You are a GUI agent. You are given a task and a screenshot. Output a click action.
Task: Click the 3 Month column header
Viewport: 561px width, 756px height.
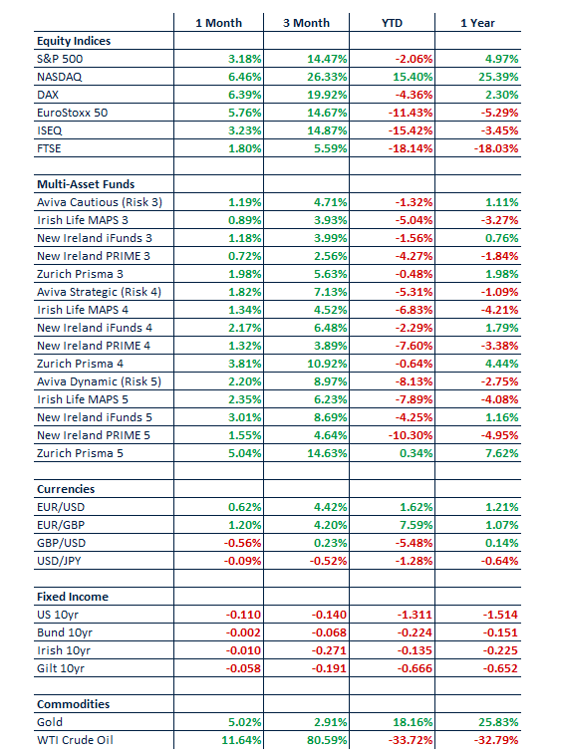306,23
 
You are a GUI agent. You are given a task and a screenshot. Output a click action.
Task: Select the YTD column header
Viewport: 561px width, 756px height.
392,23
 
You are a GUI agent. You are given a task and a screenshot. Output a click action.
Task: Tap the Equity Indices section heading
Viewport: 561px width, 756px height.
74,41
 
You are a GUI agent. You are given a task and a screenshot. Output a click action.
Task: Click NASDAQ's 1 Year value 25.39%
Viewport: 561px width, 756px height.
498,77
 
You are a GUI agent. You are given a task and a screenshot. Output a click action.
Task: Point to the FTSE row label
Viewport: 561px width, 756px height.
49,148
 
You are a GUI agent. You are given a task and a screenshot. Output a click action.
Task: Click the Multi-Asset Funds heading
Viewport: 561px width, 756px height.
86,184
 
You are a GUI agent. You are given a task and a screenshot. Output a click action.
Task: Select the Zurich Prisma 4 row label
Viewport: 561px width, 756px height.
80,364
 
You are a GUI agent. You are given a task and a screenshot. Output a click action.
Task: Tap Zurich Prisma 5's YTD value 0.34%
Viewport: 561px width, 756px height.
416,453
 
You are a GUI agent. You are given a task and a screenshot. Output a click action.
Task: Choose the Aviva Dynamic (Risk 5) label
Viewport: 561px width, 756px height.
99,381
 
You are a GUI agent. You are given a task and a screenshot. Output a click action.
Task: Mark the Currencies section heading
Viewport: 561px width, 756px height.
66,489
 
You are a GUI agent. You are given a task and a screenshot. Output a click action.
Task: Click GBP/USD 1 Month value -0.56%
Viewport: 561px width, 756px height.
242,543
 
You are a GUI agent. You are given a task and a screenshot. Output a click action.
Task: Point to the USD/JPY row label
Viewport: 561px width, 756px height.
59,561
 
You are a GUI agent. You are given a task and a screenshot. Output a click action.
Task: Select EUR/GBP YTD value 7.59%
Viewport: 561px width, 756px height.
416,525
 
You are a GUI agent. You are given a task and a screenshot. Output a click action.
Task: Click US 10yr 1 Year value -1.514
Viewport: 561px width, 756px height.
500,615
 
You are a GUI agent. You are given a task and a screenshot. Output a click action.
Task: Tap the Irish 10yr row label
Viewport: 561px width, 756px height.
64,650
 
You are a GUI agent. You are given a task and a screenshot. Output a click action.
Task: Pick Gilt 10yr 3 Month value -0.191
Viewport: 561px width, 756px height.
329,668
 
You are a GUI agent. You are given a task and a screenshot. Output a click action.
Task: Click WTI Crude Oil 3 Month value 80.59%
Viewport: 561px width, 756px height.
327,740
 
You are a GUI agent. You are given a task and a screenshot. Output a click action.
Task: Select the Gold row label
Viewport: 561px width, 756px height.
50,722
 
